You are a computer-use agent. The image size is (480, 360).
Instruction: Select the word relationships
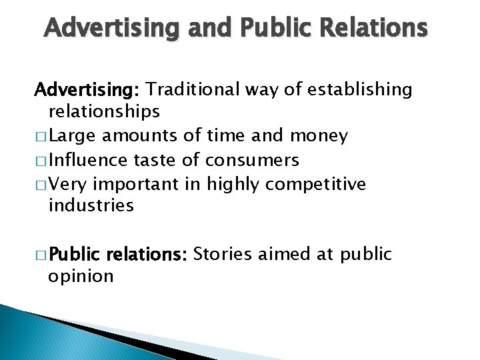[104, 110]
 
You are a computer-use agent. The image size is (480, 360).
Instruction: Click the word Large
[70, 136]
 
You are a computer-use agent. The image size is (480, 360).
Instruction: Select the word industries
[91, 205]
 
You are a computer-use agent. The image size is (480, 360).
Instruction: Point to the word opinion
[81, 275]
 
